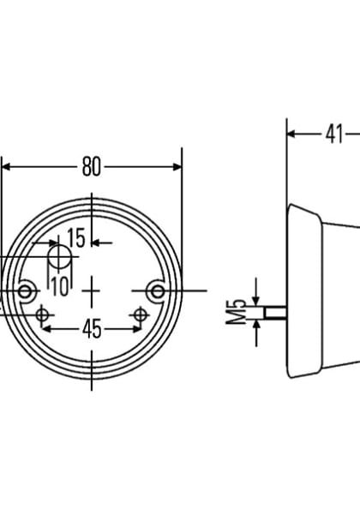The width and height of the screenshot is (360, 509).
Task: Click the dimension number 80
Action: [x=91, y=167]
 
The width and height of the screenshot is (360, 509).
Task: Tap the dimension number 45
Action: [x=92, y=328]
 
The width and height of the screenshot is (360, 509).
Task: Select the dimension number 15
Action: [x=75, y=238]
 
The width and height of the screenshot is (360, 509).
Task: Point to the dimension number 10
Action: [x=58, y=286]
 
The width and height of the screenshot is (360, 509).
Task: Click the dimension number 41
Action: [x=333, y=134]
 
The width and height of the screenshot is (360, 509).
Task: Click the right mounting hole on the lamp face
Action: [x=156, y=292]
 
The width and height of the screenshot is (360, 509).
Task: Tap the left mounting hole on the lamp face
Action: [x=27, y=292]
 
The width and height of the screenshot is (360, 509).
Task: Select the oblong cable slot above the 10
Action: [x=59, y=259]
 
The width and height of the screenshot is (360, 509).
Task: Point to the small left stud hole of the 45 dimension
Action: [x=43, y=316]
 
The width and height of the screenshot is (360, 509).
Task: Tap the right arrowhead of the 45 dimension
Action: [x=136, y=328]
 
